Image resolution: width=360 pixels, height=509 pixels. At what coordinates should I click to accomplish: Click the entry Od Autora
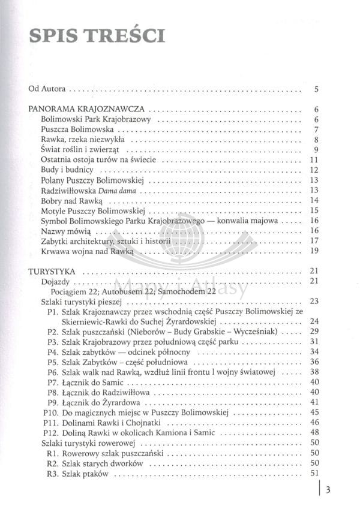pos(47,90)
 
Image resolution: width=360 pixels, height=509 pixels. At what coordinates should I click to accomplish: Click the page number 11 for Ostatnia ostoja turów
pos(313,160)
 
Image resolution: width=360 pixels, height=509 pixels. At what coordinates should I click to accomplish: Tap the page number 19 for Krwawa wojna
pos(313,251)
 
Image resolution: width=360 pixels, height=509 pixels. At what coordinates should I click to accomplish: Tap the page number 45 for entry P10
pos(313,412)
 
